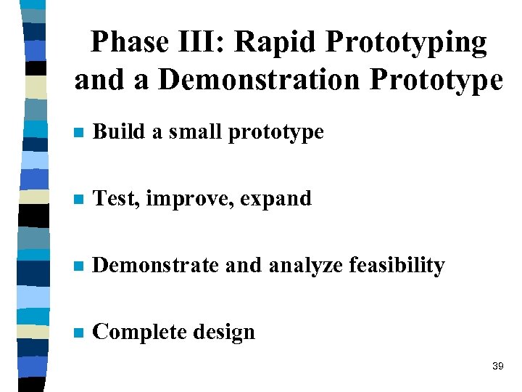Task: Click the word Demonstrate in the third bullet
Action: coord(156,266)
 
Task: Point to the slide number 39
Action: coord(497,367)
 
